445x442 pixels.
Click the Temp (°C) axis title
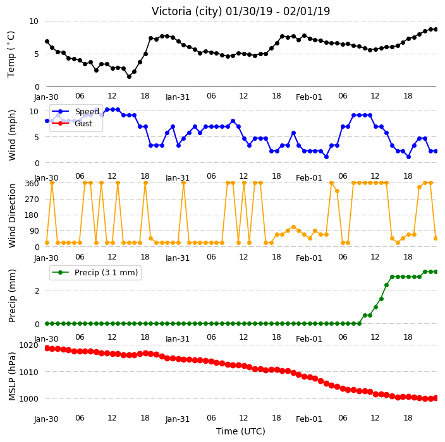pyautogui.click(x=11, y=54)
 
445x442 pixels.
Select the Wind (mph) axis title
pyautogui.click(x=12, y=136)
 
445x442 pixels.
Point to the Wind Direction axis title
pyautogui.click(x=12, y=215)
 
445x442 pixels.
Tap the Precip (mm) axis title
pyautogui.click(x=12, y=296)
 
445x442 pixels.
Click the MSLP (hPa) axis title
pyautogui.click(x=12, y=376)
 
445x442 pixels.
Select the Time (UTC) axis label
pyautogui.click(x=241, y=431)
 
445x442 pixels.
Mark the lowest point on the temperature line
pyautogui.click(x=129, y=76)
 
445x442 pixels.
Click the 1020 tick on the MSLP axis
pyautogui.click(x=28, y=345)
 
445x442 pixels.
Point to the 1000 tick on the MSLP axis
pyautogui.click(x=28, y=398)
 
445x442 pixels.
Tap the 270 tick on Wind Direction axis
pyautogui.click(x=32, y=200)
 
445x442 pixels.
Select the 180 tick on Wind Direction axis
pyautogui.click(x=32, y=215)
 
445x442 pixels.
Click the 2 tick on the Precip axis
pyautogui.click(x=37, y=290)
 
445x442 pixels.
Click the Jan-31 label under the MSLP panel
pyautogui.click(x=178, y=419)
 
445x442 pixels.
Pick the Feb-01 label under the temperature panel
pyautogui.click(x=308, y=97)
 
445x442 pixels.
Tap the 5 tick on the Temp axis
pyautogui.click(x=36, y=54)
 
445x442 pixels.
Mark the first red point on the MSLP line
pyautogui.click(x=47, y=348)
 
